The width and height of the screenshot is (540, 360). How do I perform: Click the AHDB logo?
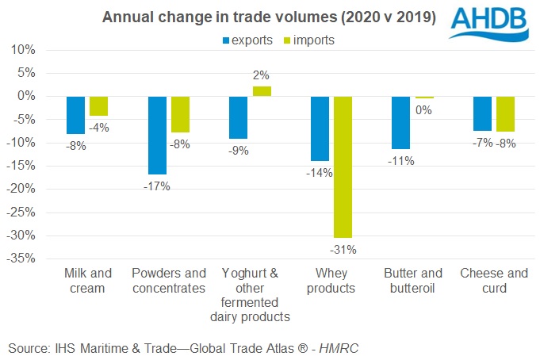click(x=492, y=23)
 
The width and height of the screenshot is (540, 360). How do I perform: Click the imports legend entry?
click(x=308, y=40)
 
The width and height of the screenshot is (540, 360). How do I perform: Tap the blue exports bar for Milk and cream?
click(x=75, y=115)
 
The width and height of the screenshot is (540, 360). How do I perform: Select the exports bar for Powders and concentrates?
click(x=157, y=135)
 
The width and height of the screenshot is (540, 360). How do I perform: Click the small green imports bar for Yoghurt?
click(x=262, y=91)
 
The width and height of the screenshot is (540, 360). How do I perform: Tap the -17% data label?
click(x=157, y=186)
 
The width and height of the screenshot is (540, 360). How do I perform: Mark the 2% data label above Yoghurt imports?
click(x=262, y=76)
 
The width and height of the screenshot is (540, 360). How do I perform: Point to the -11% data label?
click(x=400, y=161)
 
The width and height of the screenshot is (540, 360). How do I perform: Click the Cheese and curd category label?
click(x=493, y=281)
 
